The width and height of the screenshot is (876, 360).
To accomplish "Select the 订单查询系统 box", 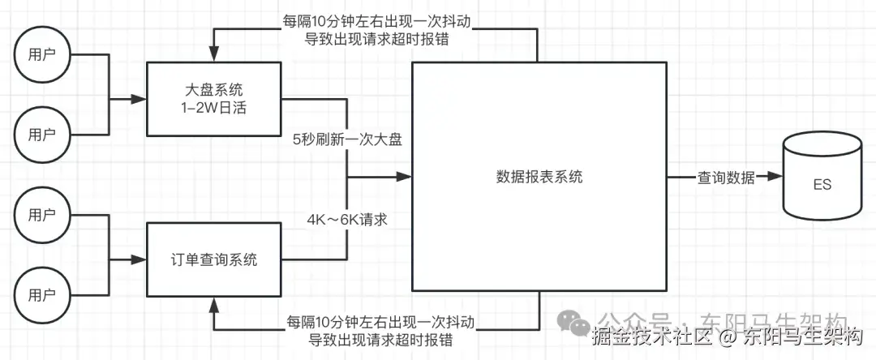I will tap(213, 260).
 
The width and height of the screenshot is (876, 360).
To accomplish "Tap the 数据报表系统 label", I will tap(539, 178).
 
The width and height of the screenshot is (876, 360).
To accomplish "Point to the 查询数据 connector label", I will tap(726, 178).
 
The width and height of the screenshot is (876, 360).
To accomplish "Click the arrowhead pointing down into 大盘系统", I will tap(213, 56).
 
